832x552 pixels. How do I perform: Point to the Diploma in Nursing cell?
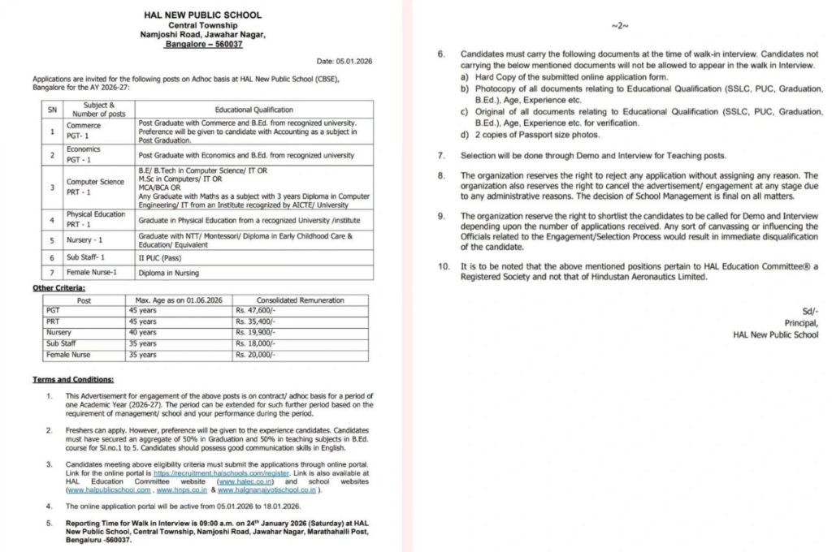coord(168,274)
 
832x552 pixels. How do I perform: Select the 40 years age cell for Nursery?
coord(143,332)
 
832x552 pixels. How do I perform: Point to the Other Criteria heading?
coord(59,288)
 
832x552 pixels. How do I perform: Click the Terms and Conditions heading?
coord(73,380)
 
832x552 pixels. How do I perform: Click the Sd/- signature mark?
coord(810,311)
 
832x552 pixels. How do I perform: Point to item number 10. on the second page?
coord(444,266)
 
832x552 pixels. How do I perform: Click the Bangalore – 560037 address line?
coord(203,45)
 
